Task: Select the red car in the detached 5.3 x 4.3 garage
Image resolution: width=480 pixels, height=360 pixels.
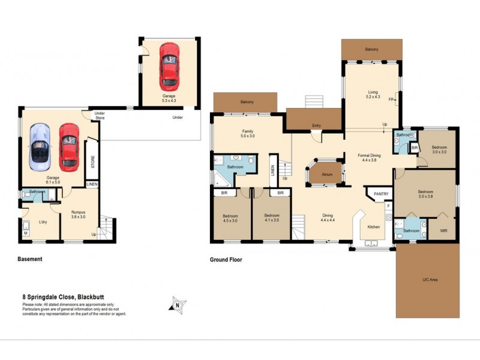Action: coord(169,65)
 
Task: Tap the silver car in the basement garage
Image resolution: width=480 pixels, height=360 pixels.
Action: coord(40,145)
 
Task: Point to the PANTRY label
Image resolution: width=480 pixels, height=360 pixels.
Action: coord(381,194)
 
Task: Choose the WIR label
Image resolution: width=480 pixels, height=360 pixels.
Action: coord(443,230)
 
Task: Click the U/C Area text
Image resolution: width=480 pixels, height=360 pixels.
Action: coord(427,280)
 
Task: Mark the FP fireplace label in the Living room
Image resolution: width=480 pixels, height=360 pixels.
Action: coord(391,99)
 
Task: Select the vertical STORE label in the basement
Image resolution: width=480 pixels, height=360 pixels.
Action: coord(93,162)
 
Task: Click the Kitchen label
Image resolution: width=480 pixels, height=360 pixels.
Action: coord(373,227)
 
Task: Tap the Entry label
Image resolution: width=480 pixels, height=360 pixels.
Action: coord(317,125)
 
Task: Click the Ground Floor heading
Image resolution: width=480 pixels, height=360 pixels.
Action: coord(226,260)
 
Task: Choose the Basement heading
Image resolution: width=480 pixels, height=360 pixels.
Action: coord(29,260)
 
